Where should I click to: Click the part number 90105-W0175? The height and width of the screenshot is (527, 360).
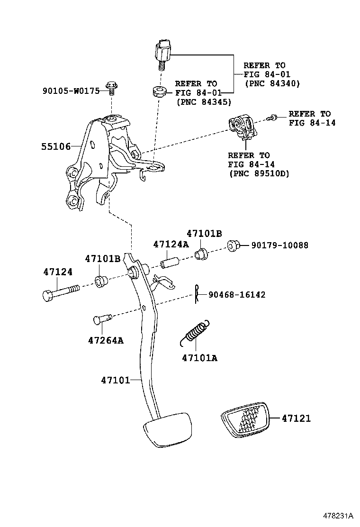point(71,91)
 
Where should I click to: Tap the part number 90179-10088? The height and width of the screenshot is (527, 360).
point(279,245)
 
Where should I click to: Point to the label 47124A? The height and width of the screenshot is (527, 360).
point(171,244)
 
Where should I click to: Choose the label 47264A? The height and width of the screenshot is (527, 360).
point(106,340)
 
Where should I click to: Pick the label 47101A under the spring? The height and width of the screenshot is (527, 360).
point(199,358)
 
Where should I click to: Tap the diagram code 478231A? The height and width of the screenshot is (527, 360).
point(339,516)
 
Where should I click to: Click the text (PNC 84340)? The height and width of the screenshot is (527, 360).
point(272,83)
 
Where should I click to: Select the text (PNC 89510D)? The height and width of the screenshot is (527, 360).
point(258,173)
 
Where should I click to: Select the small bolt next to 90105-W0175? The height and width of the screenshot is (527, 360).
point(112,87)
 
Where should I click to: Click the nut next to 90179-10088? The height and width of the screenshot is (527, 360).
point(232,245)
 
